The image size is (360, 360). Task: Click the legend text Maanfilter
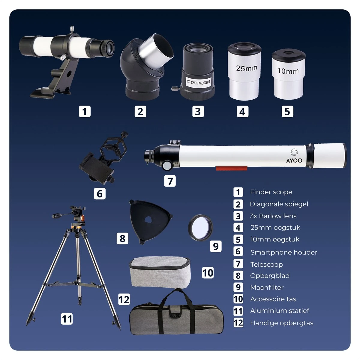[x=267, y=287]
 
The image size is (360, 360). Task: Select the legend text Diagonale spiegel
[x=279, y=204]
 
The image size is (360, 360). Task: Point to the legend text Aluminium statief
[x=280, y=311]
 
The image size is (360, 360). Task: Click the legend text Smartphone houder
[x=283, y=252]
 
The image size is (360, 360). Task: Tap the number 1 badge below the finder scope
[x=85, y=112]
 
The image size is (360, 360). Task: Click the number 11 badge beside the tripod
[x=67, y=319]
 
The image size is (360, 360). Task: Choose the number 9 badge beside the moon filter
[x=216, y=246]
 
